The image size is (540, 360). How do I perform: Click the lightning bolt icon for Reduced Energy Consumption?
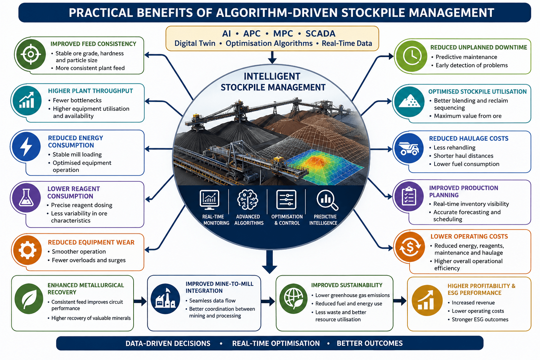(26, 146)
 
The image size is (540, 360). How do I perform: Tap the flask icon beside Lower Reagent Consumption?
(26, 197)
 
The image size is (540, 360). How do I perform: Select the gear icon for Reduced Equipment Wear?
(27, 250)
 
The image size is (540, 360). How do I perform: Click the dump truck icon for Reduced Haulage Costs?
(409, 148)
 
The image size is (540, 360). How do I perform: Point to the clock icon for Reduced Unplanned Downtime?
(412, 56)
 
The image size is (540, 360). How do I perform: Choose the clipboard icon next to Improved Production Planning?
(409, 196)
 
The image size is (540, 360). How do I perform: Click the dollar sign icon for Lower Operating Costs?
(410, 247)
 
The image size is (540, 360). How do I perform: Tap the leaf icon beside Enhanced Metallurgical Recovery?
(29, 299)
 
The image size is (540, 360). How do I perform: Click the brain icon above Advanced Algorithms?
(247, 200)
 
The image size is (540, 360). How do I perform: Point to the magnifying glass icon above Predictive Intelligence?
(327, 200)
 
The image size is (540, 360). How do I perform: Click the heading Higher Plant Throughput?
(90, 91)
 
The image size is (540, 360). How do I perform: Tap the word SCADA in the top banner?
(320, 33)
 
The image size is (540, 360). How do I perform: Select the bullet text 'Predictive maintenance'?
(466, 57)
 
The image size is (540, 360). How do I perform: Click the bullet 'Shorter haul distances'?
(463, 156)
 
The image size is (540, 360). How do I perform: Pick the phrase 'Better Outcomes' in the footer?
(369, 343)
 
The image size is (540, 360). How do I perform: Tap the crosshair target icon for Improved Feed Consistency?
(31, 54)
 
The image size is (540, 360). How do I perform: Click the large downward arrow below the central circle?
(270, 262)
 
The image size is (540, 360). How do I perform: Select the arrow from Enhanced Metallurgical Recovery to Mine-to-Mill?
(140, 301)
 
